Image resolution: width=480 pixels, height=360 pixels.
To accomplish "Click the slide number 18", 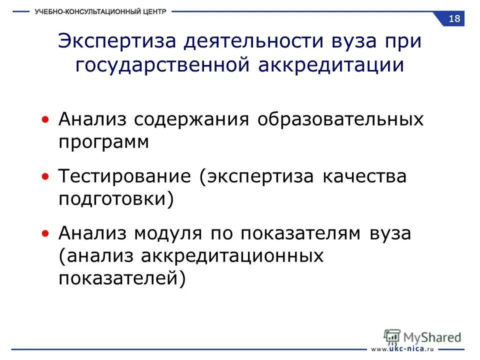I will tap(454, 19).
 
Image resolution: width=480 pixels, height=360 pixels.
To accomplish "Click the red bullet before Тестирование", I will tap(46, 177).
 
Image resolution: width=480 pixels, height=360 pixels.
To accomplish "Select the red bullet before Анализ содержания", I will tap(46, 120).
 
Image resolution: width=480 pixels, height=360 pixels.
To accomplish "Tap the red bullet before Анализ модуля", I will tap(46, 233).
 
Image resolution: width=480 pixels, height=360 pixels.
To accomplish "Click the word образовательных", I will tap(340, 120).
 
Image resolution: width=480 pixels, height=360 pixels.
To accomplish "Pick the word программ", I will tap(104, 142).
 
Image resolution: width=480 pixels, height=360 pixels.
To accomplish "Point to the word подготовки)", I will tap(116, 199).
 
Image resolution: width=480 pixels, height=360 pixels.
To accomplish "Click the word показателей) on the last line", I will tap(122, 278).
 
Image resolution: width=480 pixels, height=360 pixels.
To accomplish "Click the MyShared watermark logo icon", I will tap(392, 336).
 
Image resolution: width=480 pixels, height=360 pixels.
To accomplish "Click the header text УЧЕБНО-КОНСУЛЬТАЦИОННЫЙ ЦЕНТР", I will tap(100, 11).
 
